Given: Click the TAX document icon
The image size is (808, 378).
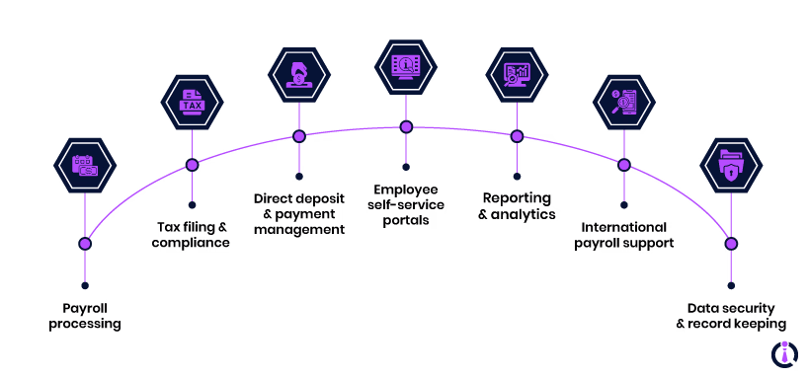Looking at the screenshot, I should click(x=192, y=103).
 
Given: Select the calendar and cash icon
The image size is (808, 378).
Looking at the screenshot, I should click(x=85, y=166).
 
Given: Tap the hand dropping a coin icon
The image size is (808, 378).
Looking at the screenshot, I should click(x=298, y=75).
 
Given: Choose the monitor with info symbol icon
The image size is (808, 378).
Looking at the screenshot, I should click(x=405, y=66).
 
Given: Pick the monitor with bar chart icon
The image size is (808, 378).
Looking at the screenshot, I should click(x=517, y=75).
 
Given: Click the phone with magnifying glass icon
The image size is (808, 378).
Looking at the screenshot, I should click(x=623, y=102).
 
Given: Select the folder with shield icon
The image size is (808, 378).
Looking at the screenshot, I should click(x=731, y=166).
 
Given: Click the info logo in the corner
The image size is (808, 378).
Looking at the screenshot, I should click(x=784, y=353).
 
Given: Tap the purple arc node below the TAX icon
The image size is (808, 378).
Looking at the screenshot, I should click(x=192, y=165).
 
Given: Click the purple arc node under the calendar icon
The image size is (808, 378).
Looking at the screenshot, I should click(x=85, y=244).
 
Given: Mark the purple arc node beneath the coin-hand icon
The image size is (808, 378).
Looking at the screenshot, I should click(x=299, y=136).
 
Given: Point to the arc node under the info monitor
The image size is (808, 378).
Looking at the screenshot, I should click(x=406, y=127).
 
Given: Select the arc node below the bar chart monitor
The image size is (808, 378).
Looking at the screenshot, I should click(x=517, y=136).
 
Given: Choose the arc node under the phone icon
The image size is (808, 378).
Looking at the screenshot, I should click(x=624, y=165).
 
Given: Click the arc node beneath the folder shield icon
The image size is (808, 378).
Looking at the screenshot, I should click(x=731, y=244).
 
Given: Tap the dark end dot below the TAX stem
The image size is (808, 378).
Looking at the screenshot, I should click(x=192, y=205).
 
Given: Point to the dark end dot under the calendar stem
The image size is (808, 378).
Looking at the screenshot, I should click(x=85, y=285).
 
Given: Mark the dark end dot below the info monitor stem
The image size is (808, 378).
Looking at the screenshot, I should click(x=406, y=168).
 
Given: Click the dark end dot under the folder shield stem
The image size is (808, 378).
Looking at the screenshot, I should click(x=731, y=285).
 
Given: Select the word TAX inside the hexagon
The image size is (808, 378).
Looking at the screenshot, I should click(x=192, y=106).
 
